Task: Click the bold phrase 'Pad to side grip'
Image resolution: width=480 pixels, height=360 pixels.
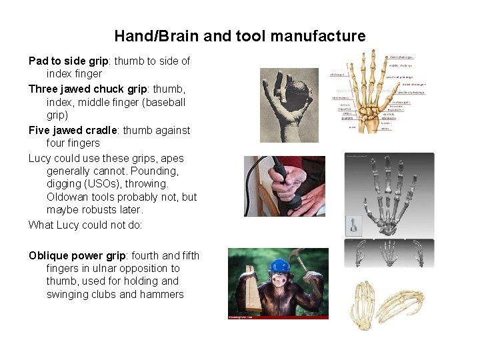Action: (69, 61)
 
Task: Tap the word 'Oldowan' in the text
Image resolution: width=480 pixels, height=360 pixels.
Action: (67, 197)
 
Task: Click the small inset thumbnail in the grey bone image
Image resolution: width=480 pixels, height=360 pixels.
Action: (353, 225)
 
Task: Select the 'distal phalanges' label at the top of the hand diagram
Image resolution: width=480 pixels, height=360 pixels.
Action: (401, 57)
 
